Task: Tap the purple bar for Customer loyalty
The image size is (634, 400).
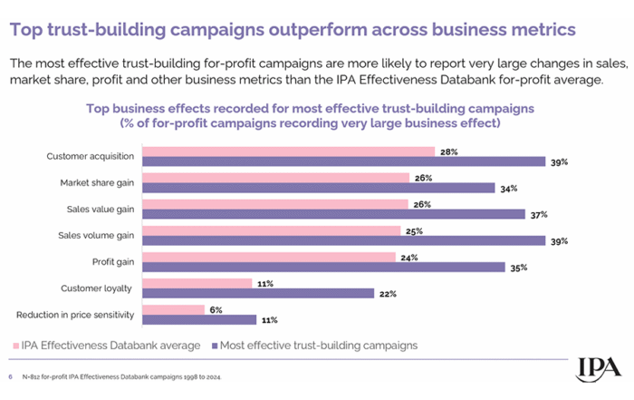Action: click(259, 293)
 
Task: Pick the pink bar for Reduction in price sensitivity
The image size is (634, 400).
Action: click(175, 309)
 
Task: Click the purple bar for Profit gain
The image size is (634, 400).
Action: click(324, 267)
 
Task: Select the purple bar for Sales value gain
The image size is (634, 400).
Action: click(334, 214)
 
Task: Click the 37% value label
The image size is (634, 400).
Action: click(539, 215)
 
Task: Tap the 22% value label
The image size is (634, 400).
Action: click(389, 293)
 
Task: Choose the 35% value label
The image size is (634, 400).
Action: click(518, 268)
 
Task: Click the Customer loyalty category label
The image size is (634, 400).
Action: click(95, 288)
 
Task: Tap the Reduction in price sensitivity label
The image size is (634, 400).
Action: click(75, 315)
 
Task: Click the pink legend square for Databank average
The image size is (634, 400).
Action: click(16, 346)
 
